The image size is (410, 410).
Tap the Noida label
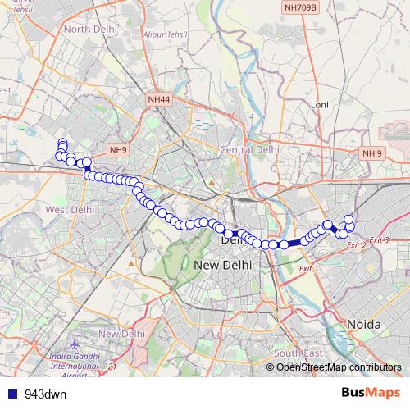click(364, 325)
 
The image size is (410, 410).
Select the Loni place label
click(320, 105)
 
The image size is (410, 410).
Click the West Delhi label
click(70, 210)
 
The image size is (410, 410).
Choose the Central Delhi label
click(249, 150)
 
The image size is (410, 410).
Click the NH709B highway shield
click(299, 7)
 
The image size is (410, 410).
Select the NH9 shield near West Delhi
click(118, 150)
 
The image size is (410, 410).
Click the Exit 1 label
click(308, 268)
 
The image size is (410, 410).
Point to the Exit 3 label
click(379, 239)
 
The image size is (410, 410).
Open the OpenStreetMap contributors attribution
click(339, 367)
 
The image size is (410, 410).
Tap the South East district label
click(294, 353)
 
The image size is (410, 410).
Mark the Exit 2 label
click(357, 245)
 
